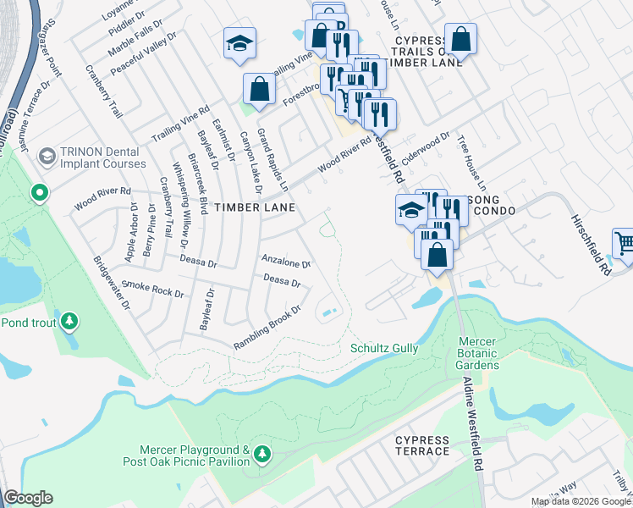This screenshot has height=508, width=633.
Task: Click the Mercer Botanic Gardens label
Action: tap(476, 353)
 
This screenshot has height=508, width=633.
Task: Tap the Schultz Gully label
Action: tap(385, 348)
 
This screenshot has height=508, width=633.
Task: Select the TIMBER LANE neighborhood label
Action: tap(254, 207)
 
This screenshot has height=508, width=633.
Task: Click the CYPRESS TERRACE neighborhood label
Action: tap(421, 445)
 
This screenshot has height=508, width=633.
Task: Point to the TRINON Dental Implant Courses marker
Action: tap(47, 156)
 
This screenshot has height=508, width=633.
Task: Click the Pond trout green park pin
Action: tap(70, 322)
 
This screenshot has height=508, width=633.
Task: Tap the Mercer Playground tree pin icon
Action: tap(262, 455)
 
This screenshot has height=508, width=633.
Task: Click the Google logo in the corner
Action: tap(28, 498)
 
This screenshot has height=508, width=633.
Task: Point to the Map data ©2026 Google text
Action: tap(581, 501)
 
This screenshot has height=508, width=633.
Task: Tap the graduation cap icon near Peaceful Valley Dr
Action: tap(239, 43)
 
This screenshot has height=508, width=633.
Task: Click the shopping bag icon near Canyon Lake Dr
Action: tap(259, 90)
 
